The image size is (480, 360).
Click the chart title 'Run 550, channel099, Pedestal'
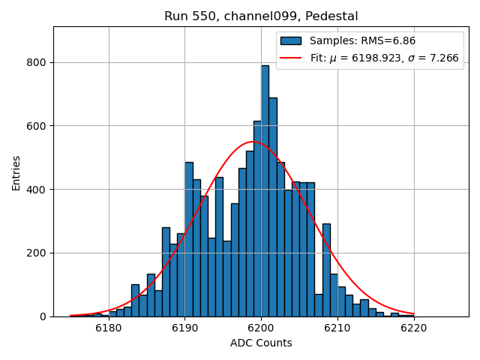pos(261,16)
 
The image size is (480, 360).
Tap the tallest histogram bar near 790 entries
pos(265,191)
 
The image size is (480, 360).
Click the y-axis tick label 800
pos(38,62)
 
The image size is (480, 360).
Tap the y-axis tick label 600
pos(38,126)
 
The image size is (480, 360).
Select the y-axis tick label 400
pos(38,190)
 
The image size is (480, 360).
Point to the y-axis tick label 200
pos(38,253)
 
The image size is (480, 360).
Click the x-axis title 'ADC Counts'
pos(261,343)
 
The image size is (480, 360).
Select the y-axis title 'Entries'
pos(16,173)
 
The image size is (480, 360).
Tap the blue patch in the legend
pos(291,41)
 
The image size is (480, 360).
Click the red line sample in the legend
pos(291,58)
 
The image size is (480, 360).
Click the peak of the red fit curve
pos(253,142)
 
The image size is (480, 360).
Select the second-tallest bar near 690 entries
pos(273,207)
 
